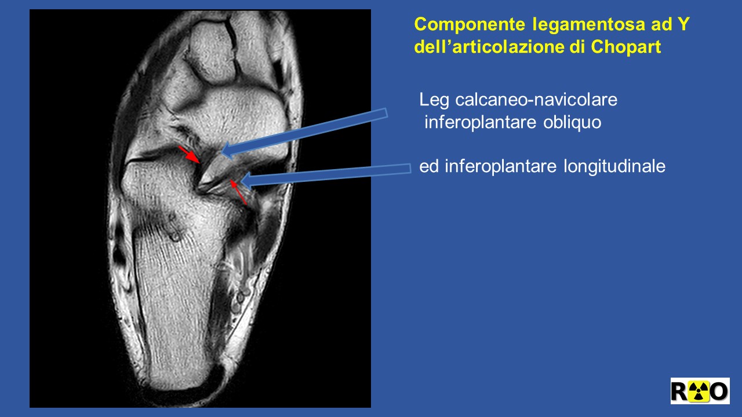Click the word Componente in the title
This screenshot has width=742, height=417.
470,25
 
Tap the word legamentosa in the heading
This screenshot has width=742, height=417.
588,25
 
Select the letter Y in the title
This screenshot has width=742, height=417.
683,24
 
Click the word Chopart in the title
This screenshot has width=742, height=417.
626,46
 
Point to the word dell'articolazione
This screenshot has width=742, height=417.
489,46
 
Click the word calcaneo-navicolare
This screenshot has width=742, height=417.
536,100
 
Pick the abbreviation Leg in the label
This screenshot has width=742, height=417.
434,100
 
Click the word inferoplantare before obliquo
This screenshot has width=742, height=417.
481,122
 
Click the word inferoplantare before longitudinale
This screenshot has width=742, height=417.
500,166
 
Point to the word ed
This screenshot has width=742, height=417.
430,166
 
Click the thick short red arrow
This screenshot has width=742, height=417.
190,155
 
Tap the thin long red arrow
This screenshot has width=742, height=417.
238,192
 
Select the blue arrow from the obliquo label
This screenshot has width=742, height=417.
304,134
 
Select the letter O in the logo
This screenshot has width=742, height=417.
719,391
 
